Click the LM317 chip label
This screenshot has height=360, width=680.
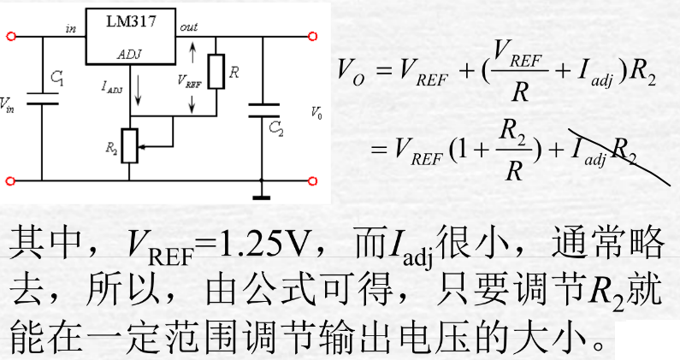[131, 23]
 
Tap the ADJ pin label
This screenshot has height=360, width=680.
[129, 53]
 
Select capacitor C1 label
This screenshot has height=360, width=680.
[56, 78]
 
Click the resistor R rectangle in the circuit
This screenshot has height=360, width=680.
[216, 71]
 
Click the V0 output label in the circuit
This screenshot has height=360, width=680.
[316, 112]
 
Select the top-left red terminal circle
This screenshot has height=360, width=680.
[11, 37]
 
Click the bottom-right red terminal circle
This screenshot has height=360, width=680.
[313, 180]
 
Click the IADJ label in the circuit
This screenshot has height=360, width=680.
[111, 86]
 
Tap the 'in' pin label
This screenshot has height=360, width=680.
[70, 29]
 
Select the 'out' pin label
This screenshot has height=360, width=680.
[188, 28]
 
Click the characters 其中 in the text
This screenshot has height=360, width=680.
[44, 245]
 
